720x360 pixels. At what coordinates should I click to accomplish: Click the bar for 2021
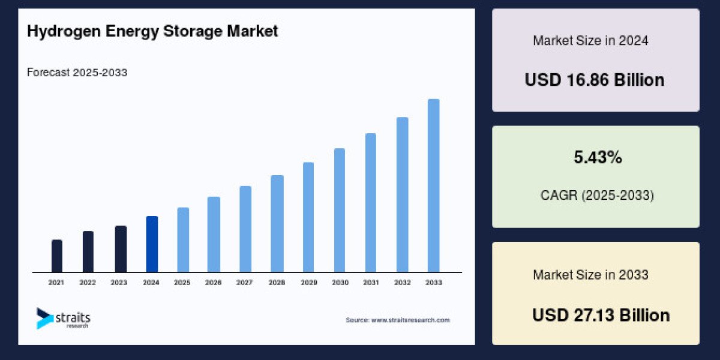click(57, 256)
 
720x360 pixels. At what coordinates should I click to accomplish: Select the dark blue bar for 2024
click(152, 244)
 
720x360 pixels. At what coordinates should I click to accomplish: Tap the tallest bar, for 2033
click(433, 185)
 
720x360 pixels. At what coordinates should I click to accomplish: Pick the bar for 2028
click(277, 223)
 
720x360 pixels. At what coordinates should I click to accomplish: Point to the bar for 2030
click(340, 210)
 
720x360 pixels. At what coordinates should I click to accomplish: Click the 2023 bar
click(121, 248)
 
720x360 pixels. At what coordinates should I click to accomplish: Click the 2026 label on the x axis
click(214, 282)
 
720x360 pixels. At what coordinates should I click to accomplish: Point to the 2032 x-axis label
click(402, 282)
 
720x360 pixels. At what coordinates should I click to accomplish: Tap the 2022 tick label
click(88, 282)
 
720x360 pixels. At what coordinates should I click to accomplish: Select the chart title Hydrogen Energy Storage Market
click(152, 32)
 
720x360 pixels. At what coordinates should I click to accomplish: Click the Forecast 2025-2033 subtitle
click(77, 73)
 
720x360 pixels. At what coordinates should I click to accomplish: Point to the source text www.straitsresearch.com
click(397, 320)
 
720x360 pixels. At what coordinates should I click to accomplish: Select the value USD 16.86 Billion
click(595, 80)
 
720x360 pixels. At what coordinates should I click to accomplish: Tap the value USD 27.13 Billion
click(601, 316)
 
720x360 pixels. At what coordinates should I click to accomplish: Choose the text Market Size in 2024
click(590, 41)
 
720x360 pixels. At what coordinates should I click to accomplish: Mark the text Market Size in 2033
click(590, 275)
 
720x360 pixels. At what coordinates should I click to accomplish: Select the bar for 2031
click(371, 202)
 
